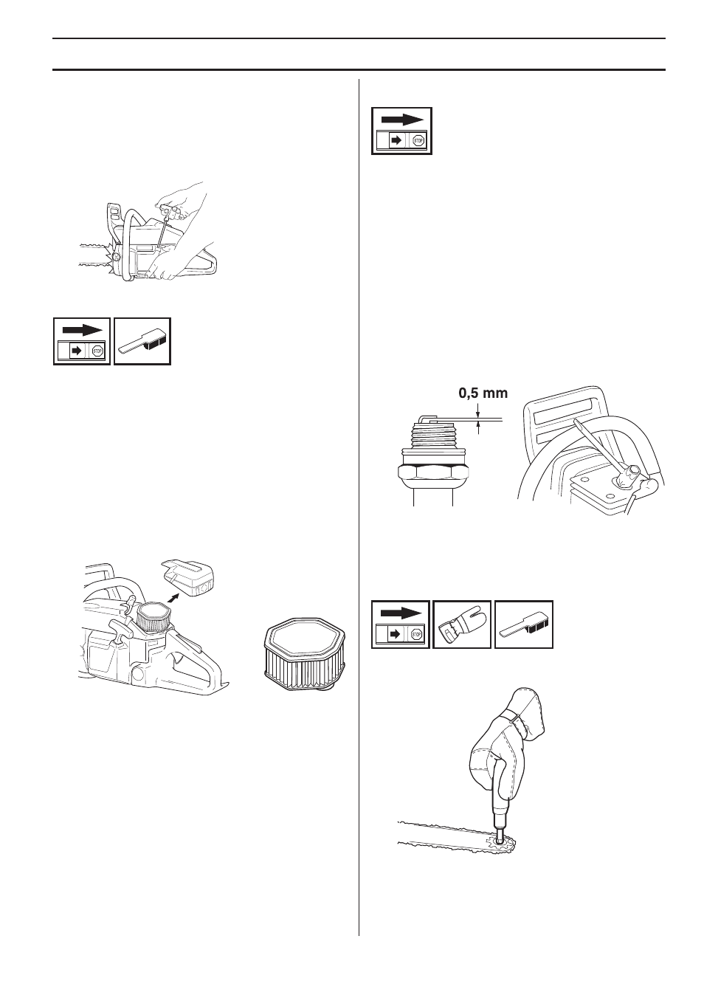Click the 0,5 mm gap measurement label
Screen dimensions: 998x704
coord(483,393)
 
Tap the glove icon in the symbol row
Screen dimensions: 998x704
coord(461,624)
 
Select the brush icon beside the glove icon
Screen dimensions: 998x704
coord(523,624)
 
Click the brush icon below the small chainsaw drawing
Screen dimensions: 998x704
coord(143,341)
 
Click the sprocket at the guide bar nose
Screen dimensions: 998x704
coord(503,842)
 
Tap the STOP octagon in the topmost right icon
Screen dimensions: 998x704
coord(418,142)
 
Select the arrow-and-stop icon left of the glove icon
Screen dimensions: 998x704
coord(400,624)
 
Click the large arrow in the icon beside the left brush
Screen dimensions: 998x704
coord(82,328)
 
